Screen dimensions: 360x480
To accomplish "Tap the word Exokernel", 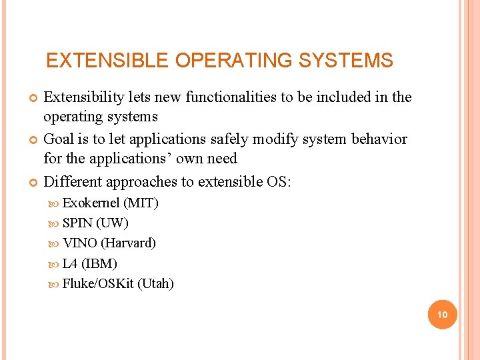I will click(91, 203).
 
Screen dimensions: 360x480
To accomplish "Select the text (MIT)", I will click(141, 203).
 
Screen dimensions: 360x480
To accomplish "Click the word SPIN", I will click(77, 223).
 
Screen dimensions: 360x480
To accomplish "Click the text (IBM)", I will click(99, 263).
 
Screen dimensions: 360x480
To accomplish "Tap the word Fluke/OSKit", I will click(98, 284).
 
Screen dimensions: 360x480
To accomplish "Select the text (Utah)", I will click(155, 284).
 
